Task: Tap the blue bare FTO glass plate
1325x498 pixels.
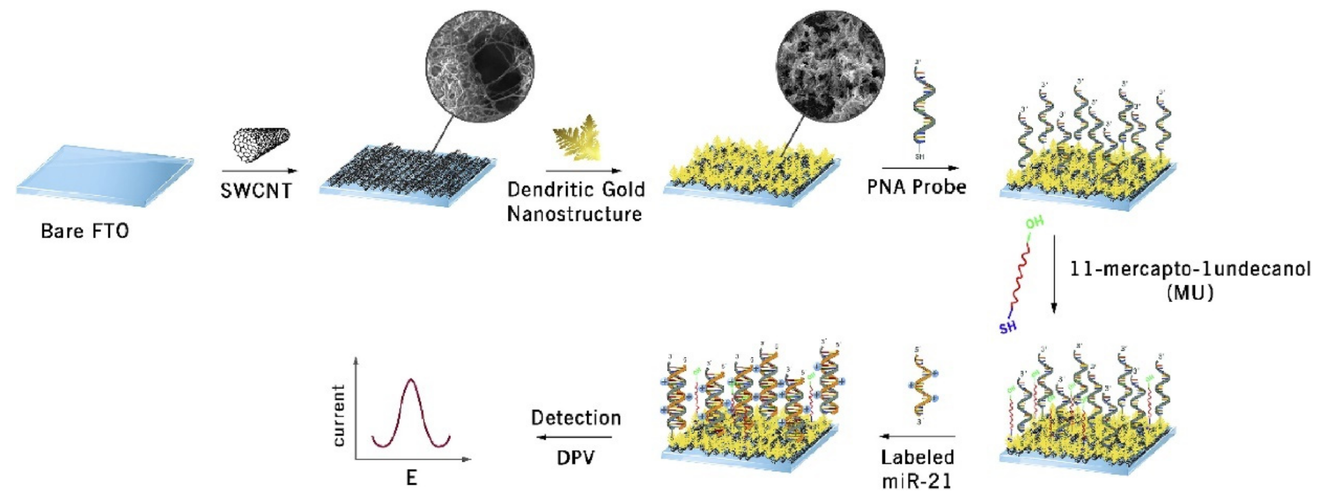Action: (x=106, y=175)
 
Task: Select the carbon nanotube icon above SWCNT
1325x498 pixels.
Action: (x=261, y=144)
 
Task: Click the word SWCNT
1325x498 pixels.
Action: (x=256, y=191)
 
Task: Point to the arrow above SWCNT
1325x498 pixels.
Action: (x=260, y=171)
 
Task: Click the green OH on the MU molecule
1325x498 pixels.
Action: (x=1035, y=223)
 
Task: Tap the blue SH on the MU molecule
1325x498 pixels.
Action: (x=1008, y=327)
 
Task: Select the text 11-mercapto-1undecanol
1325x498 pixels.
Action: (x=1190, y=269)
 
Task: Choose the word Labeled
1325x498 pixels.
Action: (x=918, y=457)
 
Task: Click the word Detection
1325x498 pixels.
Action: (x=576, y=418)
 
